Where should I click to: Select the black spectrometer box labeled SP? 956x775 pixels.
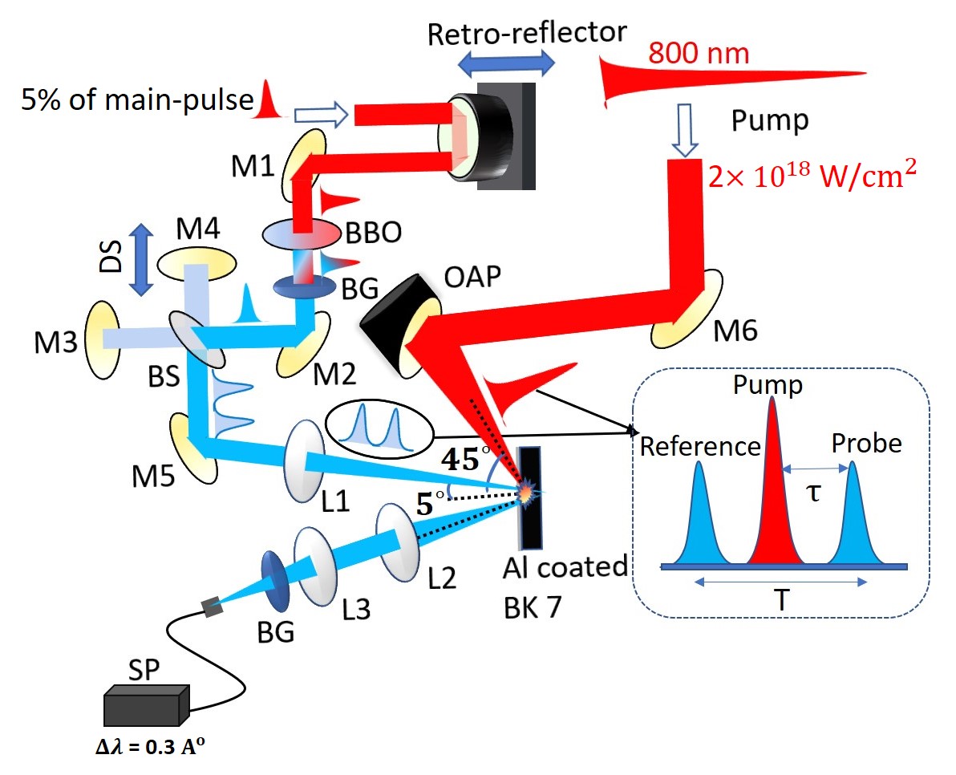pyautogui.click(x=148, y=706)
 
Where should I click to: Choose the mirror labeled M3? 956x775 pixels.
pyautogui.click(x=103, y=339)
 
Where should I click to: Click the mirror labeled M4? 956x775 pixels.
pyautogui.click(x=196, y=263)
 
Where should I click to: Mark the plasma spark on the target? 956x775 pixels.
pyautogui.click(x=527, y=492)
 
